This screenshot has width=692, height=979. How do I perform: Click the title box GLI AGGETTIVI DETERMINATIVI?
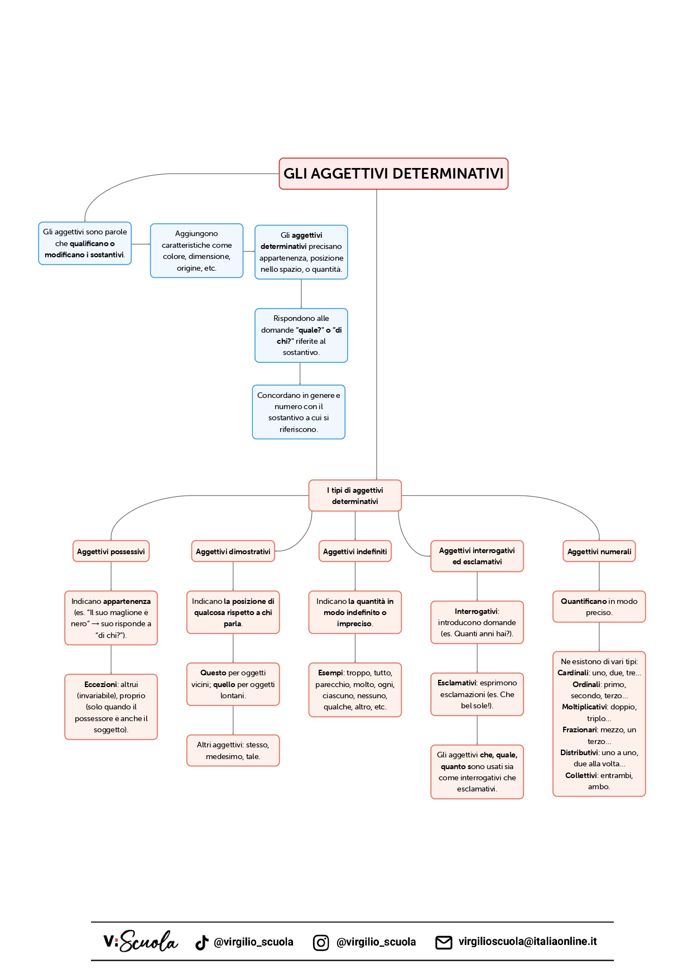click(393, 174)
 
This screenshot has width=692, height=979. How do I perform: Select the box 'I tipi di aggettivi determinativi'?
click(355, 496)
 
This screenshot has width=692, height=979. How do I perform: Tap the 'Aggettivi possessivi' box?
click(111, 551)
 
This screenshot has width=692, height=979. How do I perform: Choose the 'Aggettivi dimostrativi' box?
click(233, 551)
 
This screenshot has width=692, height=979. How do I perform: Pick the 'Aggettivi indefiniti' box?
click(355, 551)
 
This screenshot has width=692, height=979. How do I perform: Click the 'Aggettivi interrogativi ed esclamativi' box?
click(477, 556)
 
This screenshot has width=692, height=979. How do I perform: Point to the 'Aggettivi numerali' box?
click(599, 551)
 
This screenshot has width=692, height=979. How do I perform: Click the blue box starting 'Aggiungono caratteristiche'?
click(196, 251)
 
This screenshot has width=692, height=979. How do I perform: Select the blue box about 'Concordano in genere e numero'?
click(299, 412)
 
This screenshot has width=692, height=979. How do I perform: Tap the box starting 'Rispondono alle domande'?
click(301, 335)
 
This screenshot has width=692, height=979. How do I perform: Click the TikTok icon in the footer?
click(201, 942)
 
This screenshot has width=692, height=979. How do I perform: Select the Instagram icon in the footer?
click(321, 942)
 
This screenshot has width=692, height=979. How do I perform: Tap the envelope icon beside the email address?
click(444, 942)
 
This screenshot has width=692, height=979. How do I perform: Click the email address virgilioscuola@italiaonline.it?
click(527, 942)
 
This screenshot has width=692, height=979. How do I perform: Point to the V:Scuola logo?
click(141, 942)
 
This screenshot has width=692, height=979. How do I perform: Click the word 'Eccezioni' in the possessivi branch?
click(100, 684)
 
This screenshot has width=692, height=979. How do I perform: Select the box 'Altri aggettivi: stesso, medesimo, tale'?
click(233, 751)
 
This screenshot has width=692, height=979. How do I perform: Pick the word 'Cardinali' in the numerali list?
click(572, 673)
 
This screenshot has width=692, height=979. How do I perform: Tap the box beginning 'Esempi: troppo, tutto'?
click(355, 690)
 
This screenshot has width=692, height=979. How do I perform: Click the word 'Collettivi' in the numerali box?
click(581, 776)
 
